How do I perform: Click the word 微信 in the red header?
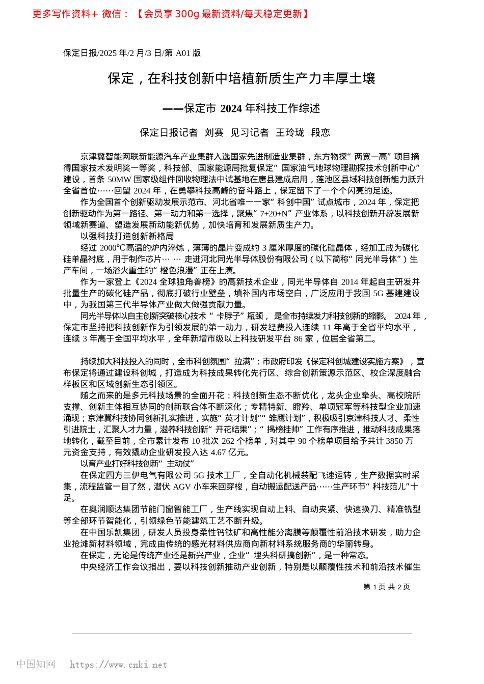click(112, 14)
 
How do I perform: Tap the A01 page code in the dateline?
click(182, 53)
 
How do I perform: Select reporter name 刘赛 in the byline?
click(214, 133)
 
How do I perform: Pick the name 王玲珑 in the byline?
click(290, 133)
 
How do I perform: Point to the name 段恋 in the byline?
click(320, 133)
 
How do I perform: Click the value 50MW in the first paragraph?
click(120, 180)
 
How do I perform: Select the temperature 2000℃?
click(113, 248)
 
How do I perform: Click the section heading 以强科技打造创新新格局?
click(127, 236)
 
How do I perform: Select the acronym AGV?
click(182, 487)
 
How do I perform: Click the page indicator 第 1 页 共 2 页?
click(387, 587)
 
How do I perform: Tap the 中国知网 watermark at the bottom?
click(36, 664)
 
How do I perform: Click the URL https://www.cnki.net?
click(118, 665)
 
